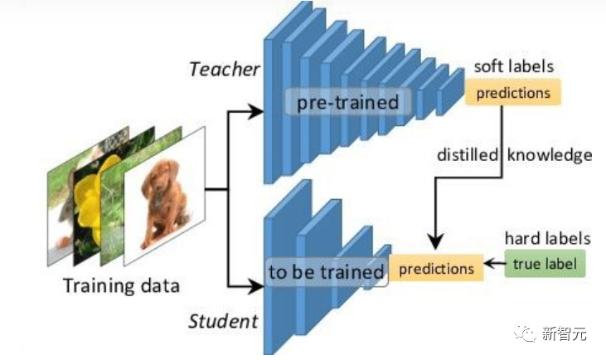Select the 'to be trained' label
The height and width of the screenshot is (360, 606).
[326, 271]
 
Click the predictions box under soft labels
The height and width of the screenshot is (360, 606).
[513, 92]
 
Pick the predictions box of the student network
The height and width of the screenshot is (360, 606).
[436, 269]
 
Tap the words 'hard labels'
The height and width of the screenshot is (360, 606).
[547, 239]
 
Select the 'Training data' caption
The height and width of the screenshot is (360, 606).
[122, 287]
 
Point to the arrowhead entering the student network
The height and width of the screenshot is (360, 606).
[255, 287]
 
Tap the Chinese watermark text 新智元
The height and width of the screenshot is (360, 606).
[566, 334]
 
